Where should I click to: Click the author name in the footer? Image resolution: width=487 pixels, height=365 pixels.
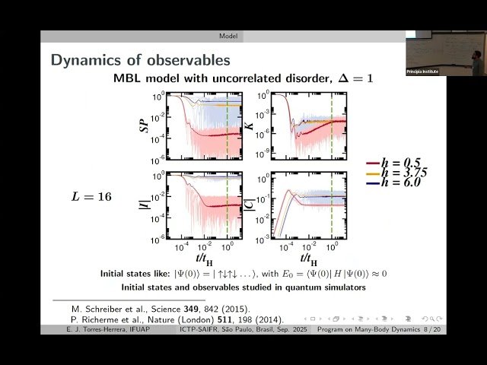85,330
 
